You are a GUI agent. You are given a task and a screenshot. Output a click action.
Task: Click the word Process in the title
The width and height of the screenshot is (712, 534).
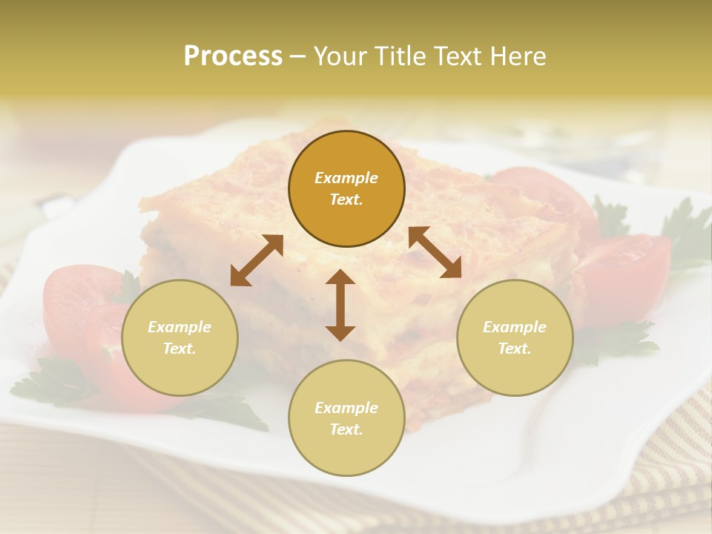233,56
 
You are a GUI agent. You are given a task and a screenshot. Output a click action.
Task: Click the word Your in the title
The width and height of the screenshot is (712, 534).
340,56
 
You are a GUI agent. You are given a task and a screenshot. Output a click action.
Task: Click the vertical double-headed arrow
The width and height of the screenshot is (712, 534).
340,305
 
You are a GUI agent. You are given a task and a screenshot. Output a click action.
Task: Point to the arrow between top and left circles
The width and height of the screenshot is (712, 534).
257,260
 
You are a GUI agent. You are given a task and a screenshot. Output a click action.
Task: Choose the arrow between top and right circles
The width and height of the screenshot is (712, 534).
435,252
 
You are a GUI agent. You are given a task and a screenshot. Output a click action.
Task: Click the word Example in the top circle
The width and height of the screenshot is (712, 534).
346,178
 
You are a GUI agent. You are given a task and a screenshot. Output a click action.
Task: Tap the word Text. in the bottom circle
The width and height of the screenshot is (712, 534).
346,429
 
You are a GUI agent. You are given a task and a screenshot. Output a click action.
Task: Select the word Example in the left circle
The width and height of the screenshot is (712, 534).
179,327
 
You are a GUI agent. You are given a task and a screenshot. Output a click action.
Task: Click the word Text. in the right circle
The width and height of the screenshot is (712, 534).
515,349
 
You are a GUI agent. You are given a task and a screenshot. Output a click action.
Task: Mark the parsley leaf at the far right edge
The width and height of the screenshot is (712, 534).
686,230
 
